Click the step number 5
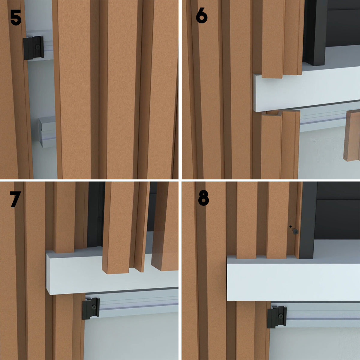coord(16,17)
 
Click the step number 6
coord(202,16)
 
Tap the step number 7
coord(15,199)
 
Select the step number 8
coord(203,198)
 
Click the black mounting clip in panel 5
coord(33,48)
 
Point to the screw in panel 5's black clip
coord(37,46)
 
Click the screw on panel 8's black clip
coord(280,316)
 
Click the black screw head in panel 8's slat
coord(295,232)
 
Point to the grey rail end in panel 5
coord(47,132)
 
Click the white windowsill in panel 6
coord(306,90)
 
